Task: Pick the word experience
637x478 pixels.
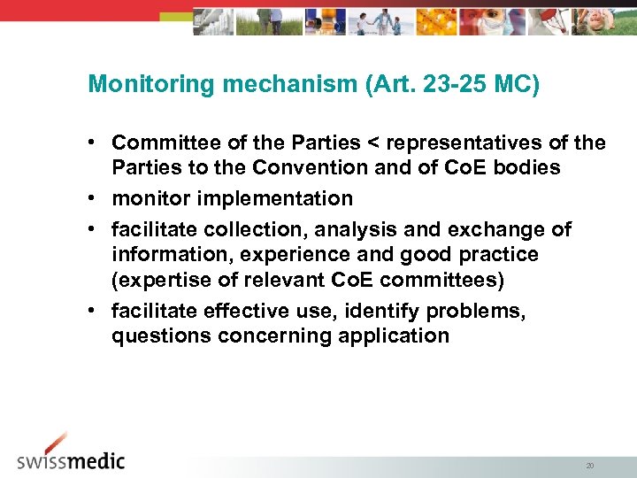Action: click(293, 255)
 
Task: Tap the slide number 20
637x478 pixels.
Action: click(589, 464)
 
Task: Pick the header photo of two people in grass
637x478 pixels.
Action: click(268, 21)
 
